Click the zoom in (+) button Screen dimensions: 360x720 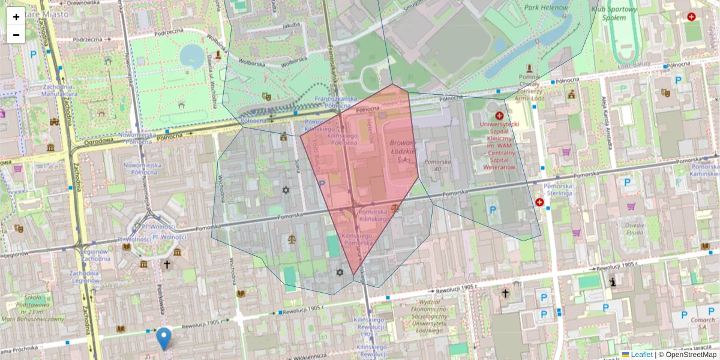pyautogui.click(x=16, y=17)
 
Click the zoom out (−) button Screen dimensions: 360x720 pyautogui.click(x=16, y=35)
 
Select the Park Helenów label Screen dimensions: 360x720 pyautogui.click(x=546, y=7)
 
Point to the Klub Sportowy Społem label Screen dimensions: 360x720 pyautogui.click(x=613, y=13)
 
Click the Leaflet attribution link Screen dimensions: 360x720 pyautogui.click(x=641, y=355)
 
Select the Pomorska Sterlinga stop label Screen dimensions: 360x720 pyautogui.click(x=559, y=190)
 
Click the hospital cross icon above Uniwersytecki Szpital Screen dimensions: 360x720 pyautogui.click(x=499, y=115)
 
